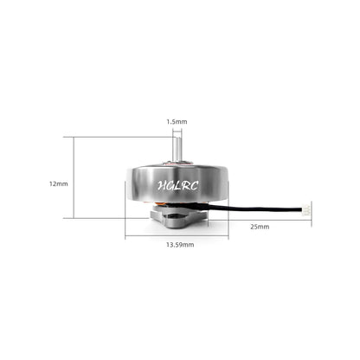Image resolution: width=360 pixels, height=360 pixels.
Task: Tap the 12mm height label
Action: [x=59, y=183]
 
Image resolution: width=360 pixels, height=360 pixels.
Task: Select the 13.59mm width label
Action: [x=180, y=245]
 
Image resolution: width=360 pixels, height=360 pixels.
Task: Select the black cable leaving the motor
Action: [x=260, y=209]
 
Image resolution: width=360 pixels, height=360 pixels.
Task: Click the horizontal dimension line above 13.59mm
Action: [x=179, y=236]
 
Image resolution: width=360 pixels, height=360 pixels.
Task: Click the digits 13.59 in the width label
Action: [x=176, y=245]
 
